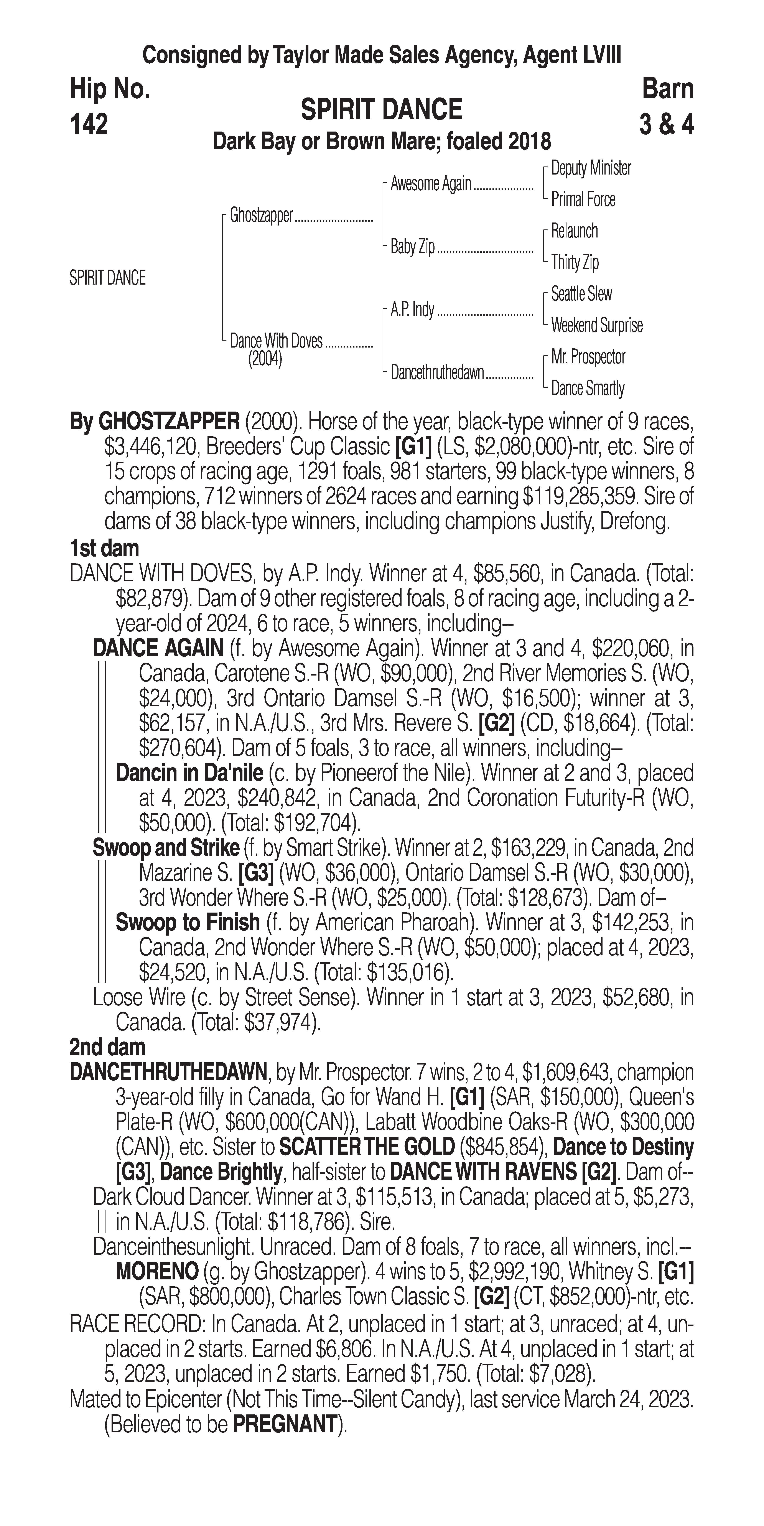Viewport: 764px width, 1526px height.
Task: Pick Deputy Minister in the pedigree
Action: [590, 168]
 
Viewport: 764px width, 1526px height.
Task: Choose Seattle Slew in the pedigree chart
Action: [581, 294]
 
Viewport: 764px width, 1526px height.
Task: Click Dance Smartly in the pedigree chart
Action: [588, 389]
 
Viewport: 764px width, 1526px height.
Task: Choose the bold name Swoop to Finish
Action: [187, 922]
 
